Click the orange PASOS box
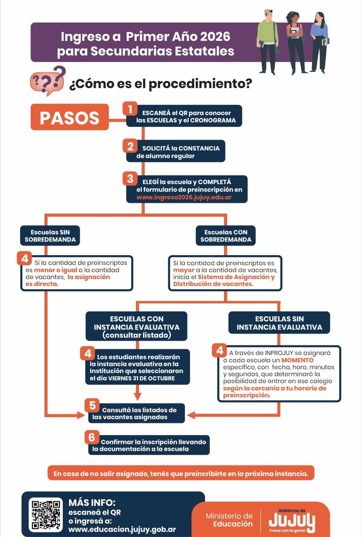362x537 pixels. (69, 117)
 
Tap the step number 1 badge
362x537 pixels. (130, 109)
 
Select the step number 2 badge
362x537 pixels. (130, 146)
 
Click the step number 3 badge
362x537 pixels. (130, 179)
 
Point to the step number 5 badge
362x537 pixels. (92, 405)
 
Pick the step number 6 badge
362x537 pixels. (92, 437)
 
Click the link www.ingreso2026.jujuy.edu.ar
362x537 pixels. (184, 197)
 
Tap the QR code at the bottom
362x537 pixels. (46, 514)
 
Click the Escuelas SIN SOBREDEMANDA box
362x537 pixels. (50, 236)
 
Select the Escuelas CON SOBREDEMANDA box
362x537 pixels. (226, 236)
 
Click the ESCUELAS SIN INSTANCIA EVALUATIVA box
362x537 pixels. (279, 323)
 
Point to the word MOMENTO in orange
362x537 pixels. (297, 360)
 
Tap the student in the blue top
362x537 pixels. (319, 42)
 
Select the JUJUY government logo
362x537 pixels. (292, 520)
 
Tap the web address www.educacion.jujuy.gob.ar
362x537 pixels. (122, 529)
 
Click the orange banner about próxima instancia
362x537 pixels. (181, 473)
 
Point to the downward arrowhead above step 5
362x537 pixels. (138, 396)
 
